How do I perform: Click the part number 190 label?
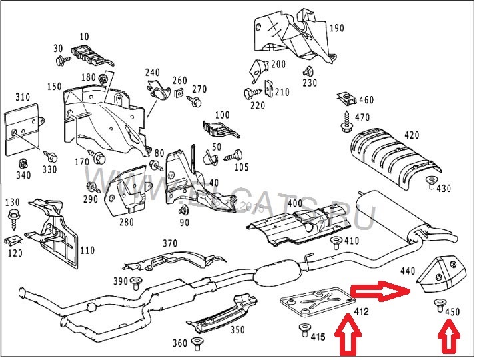(338, 28)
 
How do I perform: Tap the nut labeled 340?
(24, 163)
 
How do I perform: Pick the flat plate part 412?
(314, 304)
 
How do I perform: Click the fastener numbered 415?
(305, 328)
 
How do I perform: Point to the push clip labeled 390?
(137, 281)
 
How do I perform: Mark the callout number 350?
(237, 329)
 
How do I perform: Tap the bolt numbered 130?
(13, 216)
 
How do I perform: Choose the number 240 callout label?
(152, 72)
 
